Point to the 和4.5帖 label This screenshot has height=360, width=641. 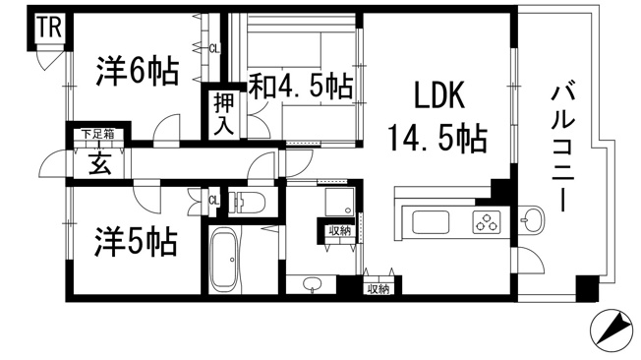pos(299,87)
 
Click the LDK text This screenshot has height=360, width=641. pos(431,98)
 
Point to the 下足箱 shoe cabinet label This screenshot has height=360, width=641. pos(96,134)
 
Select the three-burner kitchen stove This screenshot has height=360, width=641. pos(486,222)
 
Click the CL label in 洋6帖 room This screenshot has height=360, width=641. pos(213,46)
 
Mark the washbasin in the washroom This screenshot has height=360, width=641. pos(313,284)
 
